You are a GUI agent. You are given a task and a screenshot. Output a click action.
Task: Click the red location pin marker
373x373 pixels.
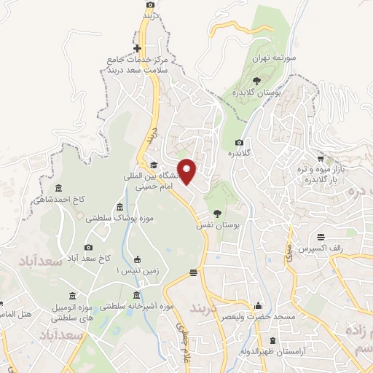[x=188, y=171]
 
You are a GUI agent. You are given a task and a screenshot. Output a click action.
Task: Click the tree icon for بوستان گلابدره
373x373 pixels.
[x=256, y=81]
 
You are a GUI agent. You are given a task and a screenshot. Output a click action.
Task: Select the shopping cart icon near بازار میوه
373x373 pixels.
[x=321, y=157]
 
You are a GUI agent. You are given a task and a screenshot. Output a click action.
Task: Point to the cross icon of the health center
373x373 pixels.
[x=137, y=50]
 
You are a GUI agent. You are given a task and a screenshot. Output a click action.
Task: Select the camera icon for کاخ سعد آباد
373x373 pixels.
[x=89, y=248]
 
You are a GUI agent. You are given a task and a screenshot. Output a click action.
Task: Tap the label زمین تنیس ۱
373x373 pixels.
[x=137, y=270]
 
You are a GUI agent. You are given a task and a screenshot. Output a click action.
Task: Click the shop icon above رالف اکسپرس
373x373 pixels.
[x=321, y=236]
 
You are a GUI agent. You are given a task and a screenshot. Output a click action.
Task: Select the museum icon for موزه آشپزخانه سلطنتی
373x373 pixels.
[x=137, y=294]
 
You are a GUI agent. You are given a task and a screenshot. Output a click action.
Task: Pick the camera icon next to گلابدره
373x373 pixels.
[x=239, y=143]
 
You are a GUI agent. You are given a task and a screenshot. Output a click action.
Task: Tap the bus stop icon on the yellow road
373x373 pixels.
[x=193, y=273]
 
